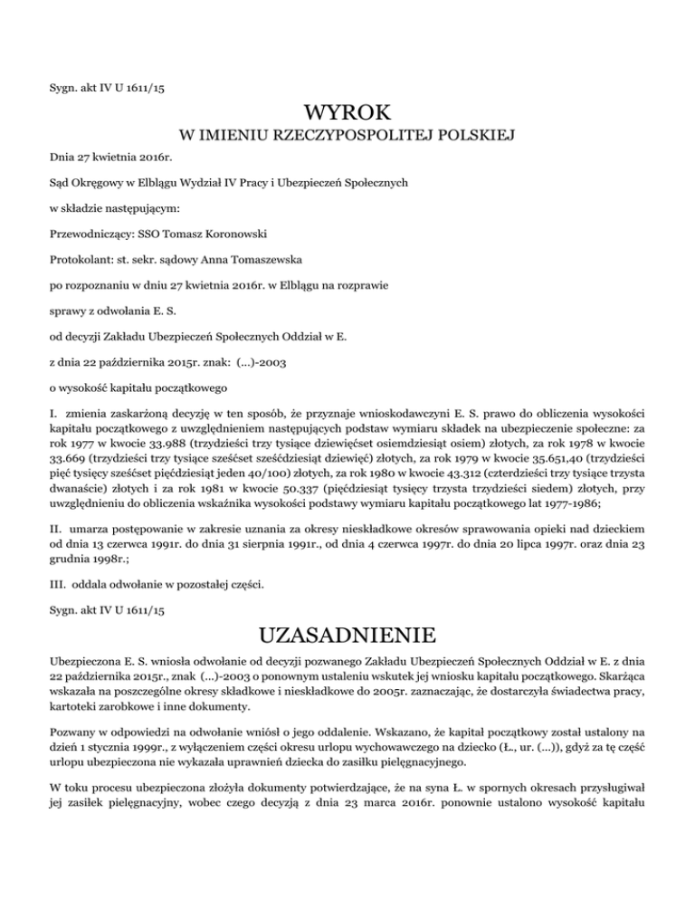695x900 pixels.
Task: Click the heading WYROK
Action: click(347, 115)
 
